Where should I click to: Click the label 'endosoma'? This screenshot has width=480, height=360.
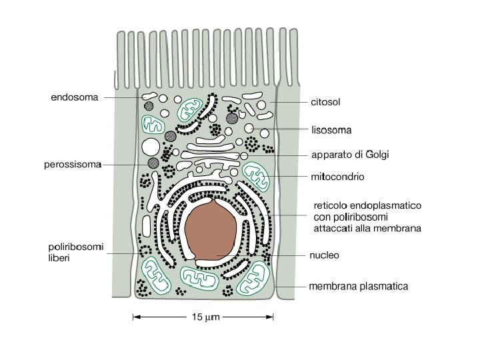point(75,97)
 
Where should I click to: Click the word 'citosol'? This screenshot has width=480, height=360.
point(326,103)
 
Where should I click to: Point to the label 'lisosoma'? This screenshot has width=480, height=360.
point(331,129)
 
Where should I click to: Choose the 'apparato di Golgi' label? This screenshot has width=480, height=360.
point(350,155)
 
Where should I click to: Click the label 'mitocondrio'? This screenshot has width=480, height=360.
point(338,177)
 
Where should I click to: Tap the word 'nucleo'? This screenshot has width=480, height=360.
point(325,255)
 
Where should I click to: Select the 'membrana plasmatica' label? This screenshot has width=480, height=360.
point(358,287)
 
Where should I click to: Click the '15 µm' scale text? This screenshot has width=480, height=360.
point(204,315)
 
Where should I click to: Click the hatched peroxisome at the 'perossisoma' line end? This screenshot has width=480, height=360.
point(154,162)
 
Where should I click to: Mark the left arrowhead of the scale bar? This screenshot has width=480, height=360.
point(135,315)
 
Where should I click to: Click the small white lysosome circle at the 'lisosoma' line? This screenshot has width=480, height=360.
point(249,127)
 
